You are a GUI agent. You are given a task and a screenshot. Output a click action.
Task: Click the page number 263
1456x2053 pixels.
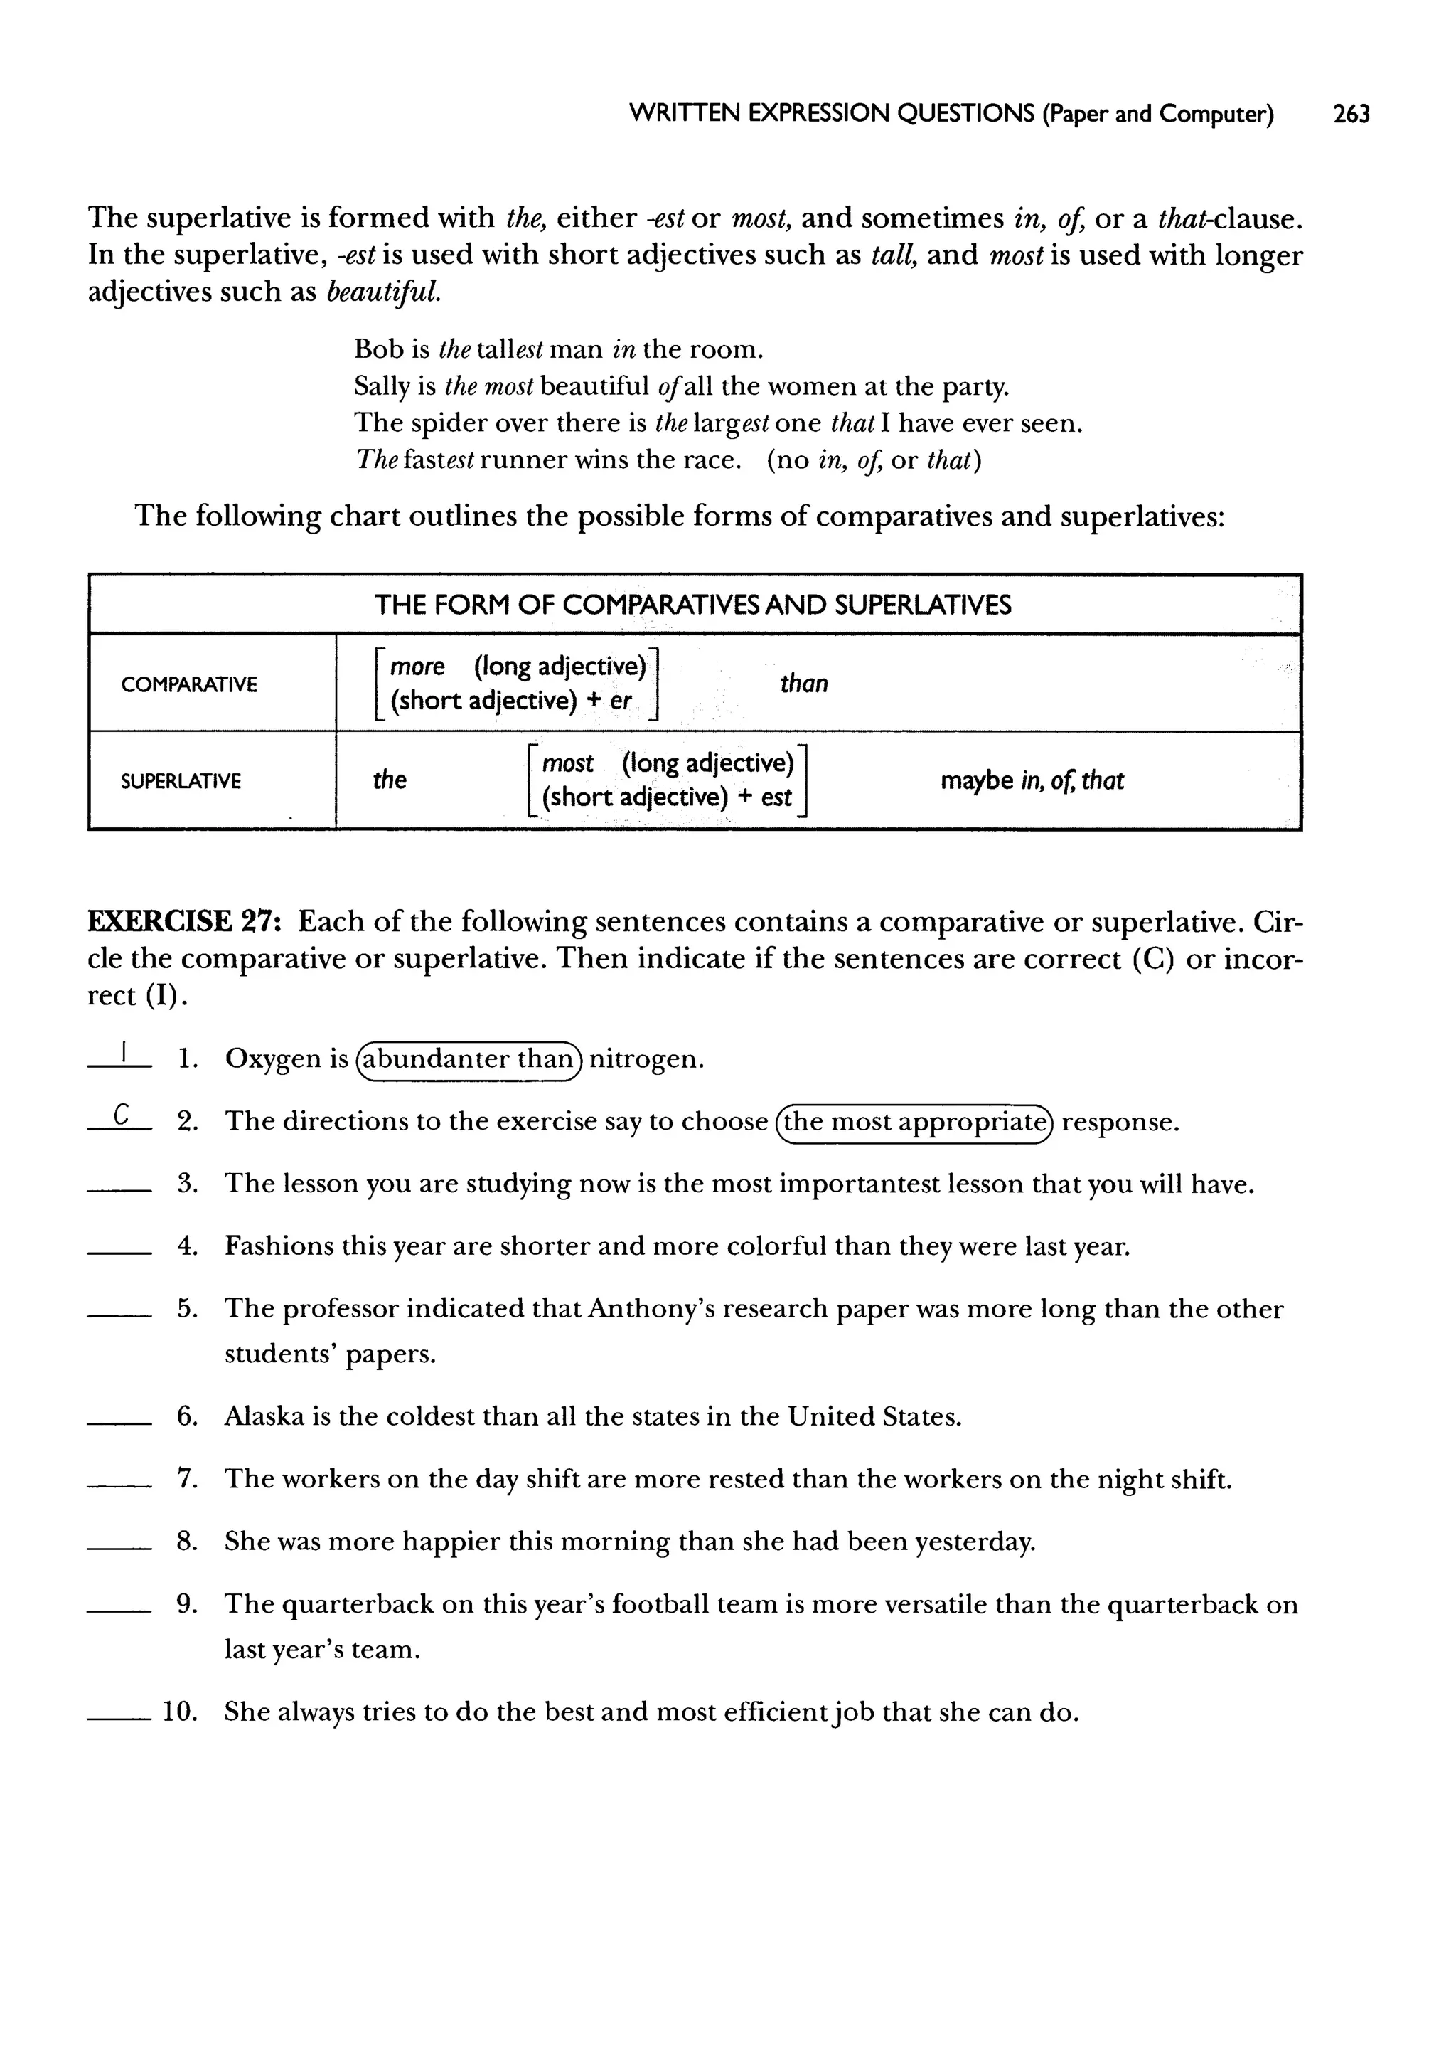click(x=1350, y=114)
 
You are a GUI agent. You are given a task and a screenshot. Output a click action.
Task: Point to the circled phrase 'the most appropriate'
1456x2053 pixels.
click(x=914, y=1122)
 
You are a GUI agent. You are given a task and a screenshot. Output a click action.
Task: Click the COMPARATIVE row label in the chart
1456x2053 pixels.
click(x=189, y=684)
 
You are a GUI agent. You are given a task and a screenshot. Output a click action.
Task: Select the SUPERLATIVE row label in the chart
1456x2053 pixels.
click(x=181, y=781)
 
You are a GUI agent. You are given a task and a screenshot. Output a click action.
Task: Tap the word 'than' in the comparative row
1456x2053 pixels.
click(x=803, y=684)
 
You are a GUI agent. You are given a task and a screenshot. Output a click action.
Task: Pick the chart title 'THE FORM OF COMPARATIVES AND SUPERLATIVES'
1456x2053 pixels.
click(x=693, y=605)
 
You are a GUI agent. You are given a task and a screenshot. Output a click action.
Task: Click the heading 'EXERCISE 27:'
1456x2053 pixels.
click(x=186, y=921)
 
